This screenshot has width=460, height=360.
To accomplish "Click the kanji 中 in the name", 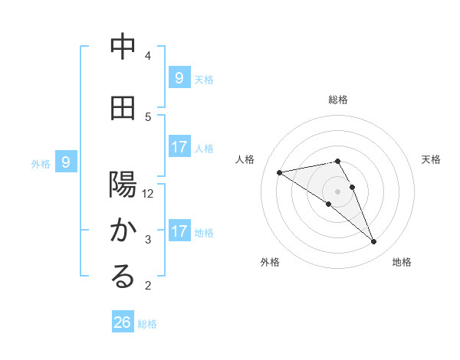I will pyautogui.click(x=123, y=47).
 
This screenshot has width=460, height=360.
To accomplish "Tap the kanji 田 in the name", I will pyautogui.click(x=123, y=108).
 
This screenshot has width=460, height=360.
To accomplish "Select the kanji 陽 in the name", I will pyautogui.click(x=123, y=185).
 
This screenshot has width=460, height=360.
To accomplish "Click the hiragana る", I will pyautogui.click(x=123, y=277).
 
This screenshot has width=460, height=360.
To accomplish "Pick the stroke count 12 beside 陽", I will pyautogui.click(x=148, y=194).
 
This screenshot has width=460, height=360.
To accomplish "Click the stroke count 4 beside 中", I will pyautogui.click(x=148, y=56).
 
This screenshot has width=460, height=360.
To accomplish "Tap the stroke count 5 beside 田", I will pyautogui.click(x=148, y=117).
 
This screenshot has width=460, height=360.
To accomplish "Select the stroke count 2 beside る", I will pyautogui.click(x=148, y=286).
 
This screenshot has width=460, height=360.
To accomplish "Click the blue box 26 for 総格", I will pyautogui.click(x=123, y=322).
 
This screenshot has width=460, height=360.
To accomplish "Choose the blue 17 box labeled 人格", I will pyautogui.click(x=179, y=147).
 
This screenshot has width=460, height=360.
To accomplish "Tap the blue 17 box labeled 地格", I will pyautogui.click(x=179, y=231).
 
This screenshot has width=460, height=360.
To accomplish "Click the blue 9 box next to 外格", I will pyautogui.click(x=67, y=162).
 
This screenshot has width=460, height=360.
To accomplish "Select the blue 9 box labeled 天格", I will pyautogui.click(x=179, y=77).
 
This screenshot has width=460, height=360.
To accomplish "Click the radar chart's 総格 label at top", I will pyautogui.click(x=338, y=100).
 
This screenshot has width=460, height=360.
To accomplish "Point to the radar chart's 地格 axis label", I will pyautogui.click(x=402, y=262).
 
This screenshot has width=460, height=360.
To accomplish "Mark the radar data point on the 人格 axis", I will pyautogui.click(x=280, y=172).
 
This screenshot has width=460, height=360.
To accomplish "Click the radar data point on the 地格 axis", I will pyautogui.click(x=373, y=241).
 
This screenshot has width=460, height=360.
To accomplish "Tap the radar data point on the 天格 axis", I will pyautogui.click(x=352, y=186).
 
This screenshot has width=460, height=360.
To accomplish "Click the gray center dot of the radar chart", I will pyautogui.click(x=337, y=191).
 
